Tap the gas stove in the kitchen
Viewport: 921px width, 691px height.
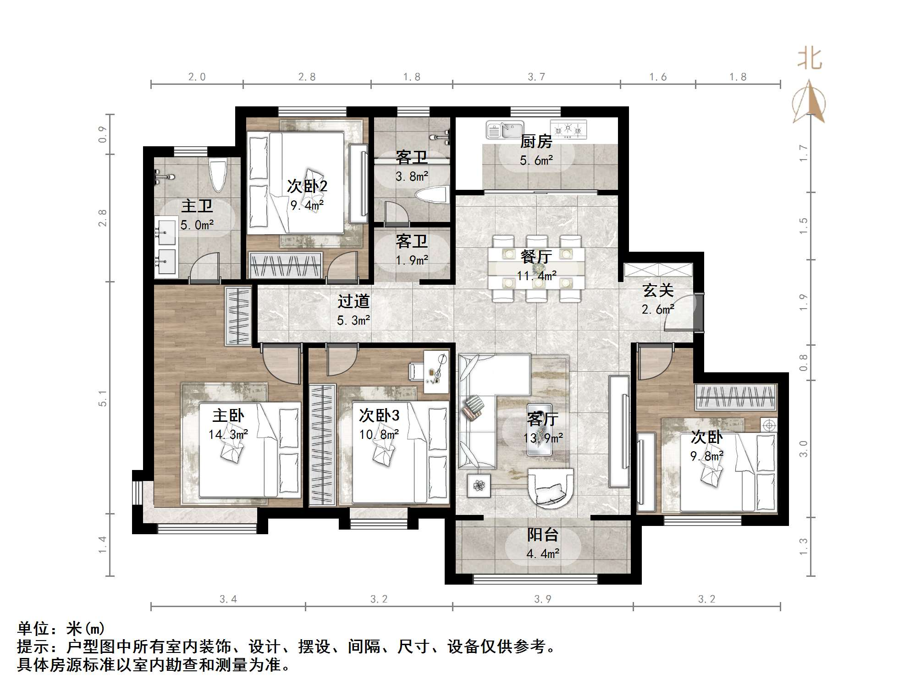[x=568, y=129]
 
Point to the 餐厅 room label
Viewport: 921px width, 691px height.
[x=536, y=256]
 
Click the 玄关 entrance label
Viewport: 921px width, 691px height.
[x=658, y=290]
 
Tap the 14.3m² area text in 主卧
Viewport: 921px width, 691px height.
[x=228, y=434]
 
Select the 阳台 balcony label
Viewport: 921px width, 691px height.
[x=543, y=535]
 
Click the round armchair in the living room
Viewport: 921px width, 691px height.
[x=551, y=487]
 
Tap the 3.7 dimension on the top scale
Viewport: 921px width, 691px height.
[x=536, y=77]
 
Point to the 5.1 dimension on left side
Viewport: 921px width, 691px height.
[x=103, y=398]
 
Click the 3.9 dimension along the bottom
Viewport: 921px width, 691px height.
[x=542, y=599]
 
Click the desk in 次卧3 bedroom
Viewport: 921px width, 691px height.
[x=436, y=371]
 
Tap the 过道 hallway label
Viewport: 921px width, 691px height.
[x=353, y=301]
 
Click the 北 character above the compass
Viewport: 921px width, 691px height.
[x=810, y=59]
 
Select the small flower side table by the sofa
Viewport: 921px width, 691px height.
[x=479, y=485]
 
